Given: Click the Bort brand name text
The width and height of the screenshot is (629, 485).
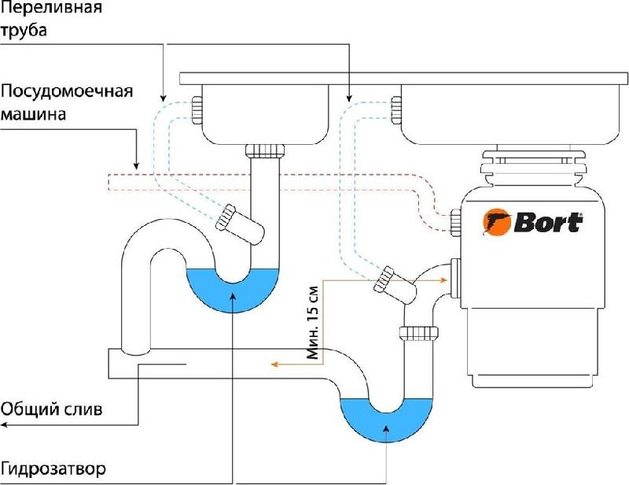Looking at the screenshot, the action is point(548,223).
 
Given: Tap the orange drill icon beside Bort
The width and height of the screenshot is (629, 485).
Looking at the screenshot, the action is point(498,221).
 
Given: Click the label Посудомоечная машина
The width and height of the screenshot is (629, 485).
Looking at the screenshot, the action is point(67,102).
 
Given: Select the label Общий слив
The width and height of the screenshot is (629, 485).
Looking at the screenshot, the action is point(52,410).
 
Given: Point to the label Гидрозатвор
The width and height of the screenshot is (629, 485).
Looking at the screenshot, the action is point(53,468).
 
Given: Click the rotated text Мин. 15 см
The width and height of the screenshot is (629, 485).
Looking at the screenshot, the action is point(312,322).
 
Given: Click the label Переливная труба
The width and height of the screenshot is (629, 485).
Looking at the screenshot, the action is point(51,18).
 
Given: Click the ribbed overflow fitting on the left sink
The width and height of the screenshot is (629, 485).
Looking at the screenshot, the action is point(197,110).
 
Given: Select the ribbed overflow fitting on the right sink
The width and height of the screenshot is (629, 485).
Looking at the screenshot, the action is point(396,110).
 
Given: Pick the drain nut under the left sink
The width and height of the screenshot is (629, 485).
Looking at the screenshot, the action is point(265,150).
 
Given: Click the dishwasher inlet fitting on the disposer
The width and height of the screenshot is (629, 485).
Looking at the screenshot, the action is point(456,223).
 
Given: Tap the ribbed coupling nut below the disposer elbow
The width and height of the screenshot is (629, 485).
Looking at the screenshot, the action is point(419,333).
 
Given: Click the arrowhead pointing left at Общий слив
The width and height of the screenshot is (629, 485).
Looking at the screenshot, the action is point(4,424).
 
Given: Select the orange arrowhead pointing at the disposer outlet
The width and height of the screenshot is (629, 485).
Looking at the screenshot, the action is point(443,280).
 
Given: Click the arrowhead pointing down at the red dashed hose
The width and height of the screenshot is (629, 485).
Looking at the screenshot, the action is point(136,165).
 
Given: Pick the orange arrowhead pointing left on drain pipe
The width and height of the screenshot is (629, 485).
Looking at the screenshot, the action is point(274,365).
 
